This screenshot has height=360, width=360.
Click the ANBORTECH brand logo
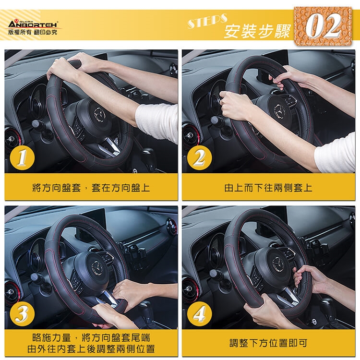[33, 24]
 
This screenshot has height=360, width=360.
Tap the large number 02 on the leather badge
[323, 25]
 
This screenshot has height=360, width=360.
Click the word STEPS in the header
[207, 21]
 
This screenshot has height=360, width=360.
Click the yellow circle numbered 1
[22, 158]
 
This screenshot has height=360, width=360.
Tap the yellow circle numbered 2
[199, 158]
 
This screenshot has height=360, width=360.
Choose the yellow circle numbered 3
[22, 313]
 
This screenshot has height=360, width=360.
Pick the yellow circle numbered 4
[199, 313]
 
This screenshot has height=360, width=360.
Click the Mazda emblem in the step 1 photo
[99, 114]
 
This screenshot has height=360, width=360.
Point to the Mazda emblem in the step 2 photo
[279, 111]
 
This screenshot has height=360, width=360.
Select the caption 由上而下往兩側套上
[268, 188]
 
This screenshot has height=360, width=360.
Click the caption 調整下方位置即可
[268, 343]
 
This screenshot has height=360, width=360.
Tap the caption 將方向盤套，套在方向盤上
[91, 188]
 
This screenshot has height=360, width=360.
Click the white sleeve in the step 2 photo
[336, 152]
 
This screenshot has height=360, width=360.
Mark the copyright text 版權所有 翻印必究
[33, 32]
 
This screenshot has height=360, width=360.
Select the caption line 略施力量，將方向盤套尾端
[91, 338]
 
